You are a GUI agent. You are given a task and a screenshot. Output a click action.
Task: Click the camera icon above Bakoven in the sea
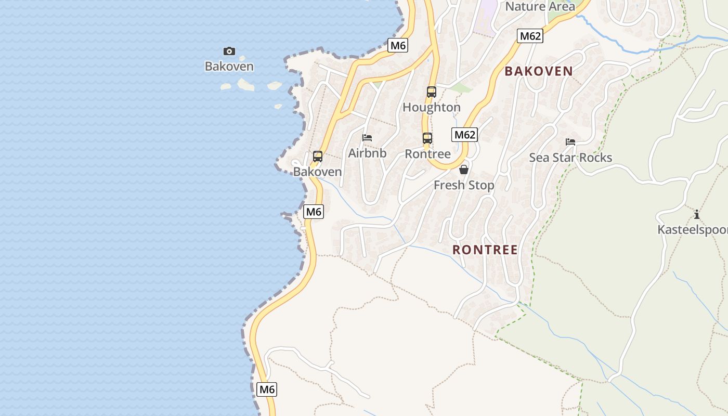pyautogui.click(x=229, y=51)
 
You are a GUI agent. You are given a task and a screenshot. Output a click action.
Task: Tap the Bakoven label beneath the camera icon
pyautogui.click(x=229, y=66)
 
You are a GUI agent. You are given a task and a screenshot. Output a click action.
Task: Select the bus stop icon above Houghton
pyautogui.click(x=432, y=92)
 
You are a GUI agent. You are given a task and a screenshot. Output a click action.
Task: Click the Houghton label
pyautogui.click(x=432, y=107)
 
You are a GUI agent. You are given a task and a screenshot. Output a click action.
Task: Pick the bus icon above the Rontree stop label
pyautogui.click(x=427, y=138)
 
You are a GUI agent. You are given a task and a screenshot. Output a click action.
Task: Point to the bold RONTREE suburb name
pyautogui.click(x=485, y=250)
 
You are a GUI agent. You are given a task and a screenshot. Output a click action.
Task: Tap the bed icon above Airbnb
pyautogui.click(x=367, y=138)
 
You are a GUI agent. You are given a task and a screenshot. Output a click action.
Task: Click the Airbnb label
pyautogui.click(x=367, y=153)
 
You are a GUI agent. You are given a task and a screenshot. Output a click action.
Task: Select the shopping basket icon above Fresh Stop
pyautogui.click(x=464, y=170)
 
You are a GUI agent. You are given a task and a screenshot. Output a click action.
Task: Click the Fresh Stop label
pyautogui.click(x=464, y=185)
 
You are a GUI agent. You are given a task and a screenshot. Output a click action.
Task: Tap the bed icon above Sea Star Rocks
pyautogui.click(x=570, y=142)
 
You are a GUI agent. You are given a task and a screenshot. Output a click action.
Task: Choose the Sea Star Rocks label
pyautogui.click(x=570, y=158)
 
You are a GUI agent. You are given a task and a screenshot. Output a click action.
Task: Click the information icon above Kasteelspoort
pyautogui.click(x=697, y=214)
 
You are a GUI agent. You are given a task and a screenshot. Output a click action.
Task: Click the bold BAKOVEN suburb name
pyautogui.click(x=539, y=71)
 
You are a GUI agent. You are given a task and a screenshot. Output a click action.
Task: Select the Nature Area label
pyautogui.click(x=540, y=6)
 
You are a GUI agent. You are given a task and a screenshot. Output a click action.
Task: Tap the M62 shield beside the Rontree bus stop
pyautogui.click(x=465, y=135)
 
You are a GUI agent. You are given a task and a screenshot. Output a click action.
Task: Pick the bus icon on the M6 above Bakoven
pyautogui.click(x=318, y=156)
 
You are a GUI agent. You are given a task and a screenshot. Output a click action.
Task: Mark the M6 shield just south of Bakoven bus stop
pyautogui.click(x=314, y=212)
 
